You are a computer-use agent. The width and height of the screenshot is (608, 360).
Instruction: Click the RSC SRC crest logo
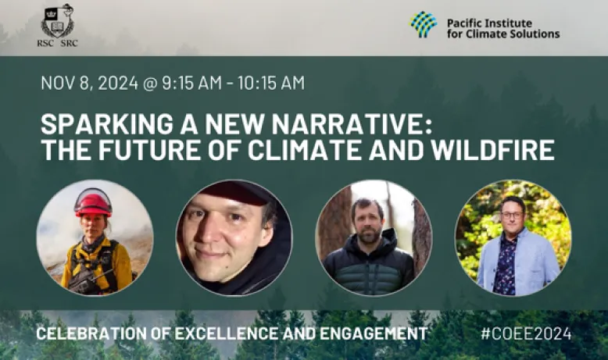(x=57, y=26)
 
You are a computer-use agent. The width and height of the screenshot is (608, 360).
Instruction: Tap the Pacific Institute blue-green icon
(x=424, y=24)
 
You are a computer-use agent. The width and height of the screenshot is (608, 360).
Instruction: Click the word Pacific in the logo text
(x=463, y=23)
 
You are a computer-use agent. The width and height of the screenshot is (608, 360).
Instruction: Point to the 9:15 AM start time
(x=192, y=83)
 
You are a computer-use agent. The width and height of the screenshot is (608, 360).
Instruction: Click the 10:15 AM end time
(x=271, y=83)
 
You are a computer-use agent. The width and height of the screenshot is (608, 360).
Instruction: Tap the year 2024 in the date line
(x=118, y=83)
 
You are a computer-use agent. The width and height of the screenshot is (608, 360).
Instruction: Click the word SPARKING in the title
(x=107, y=124)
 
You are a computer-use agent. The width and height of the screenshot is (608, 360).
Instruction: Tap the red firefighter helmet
(x=93, y=205)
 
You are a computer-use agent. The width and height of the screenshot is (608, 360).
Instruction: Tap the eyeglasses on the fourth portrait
(x=512, y=215)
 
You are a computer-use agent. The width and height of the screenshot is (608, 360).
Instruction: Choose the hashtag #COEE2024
(x=526, y=333)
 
